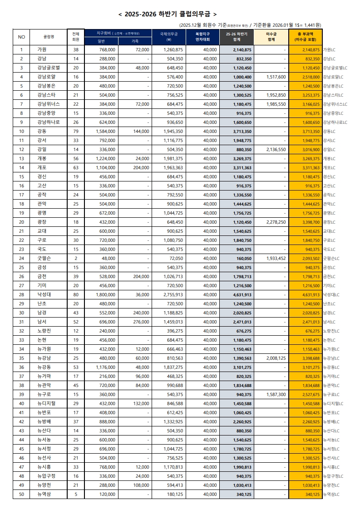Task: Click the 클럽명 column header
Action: [49, 37]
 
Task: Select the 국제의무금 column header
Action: [169, 37]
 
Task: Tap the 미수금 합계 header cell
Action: [271, 37]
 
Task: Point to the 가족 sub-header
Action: [135, 41]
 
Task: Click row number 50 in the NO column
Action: [21, 494]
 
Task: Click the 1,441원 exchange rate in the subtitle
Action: [312, 24]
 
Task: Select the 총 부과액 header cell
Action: [305, 37]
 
